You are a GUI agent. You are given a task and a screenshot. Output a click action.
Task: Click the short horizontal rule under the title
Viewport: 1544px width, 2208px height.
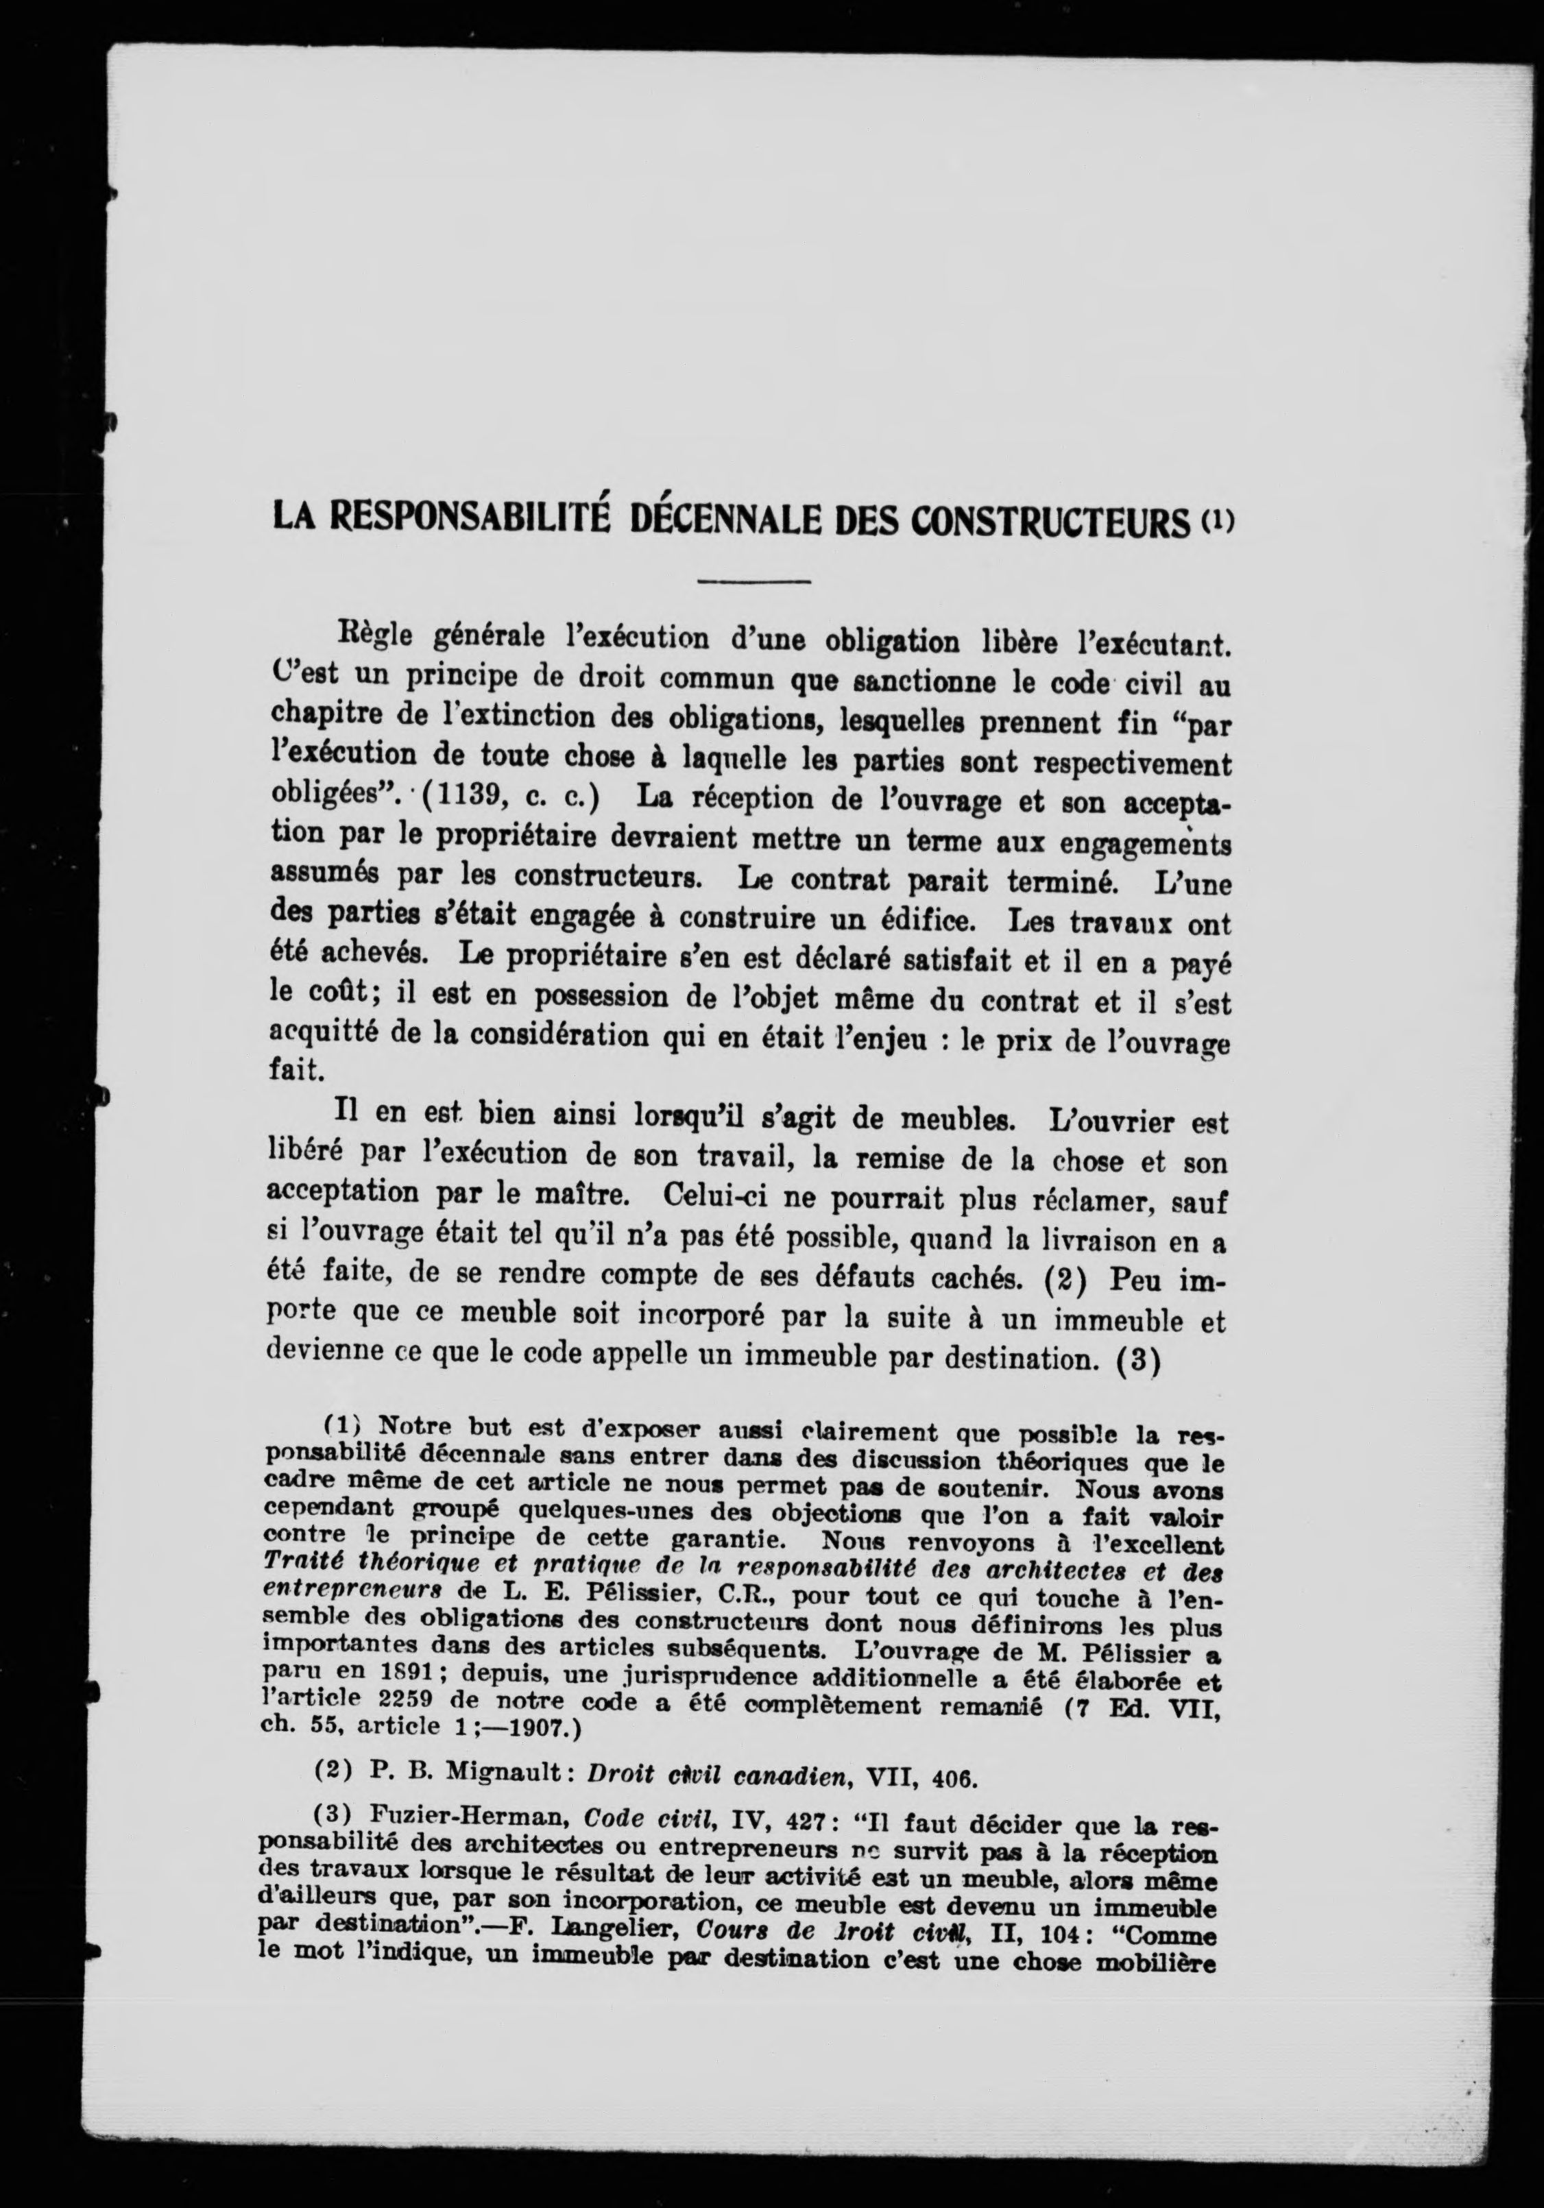752,581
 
